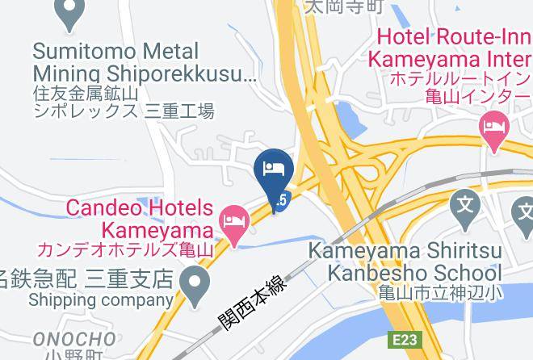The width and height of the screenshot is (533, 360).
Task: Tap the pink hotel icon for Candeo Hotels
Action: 234,219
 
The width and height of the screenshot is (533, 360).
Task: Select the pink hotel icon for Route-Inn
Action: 493,127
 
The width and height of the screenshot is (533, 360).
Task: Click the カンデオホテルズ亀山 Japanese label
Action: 124,249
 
